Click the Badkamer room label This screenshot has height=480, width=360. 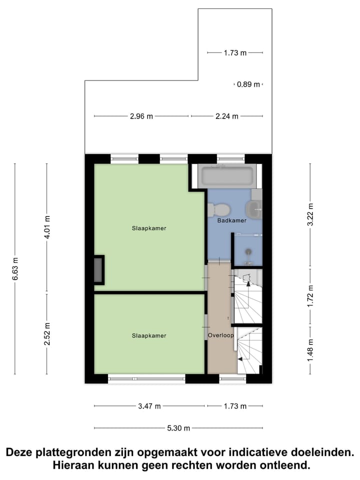click(x=232, y=220)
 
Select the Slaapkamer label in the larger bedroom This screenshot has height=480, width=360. click(x=149, y=228)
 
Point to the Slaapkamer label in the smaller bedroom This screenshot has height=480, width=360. click(x=149, y=335)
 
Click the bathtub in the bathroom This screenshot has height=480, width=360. click(x=226, y=176)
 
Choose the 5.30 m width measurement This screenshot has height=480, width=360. click(x=178, y=428)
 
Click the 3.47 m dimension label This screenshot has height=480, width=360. click(x=149, y=406)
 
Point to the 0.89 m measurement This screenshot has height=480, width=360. click(x=249, y=84)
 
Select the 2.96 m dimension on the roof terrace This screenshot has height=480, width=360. click(x=141, y=116)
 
